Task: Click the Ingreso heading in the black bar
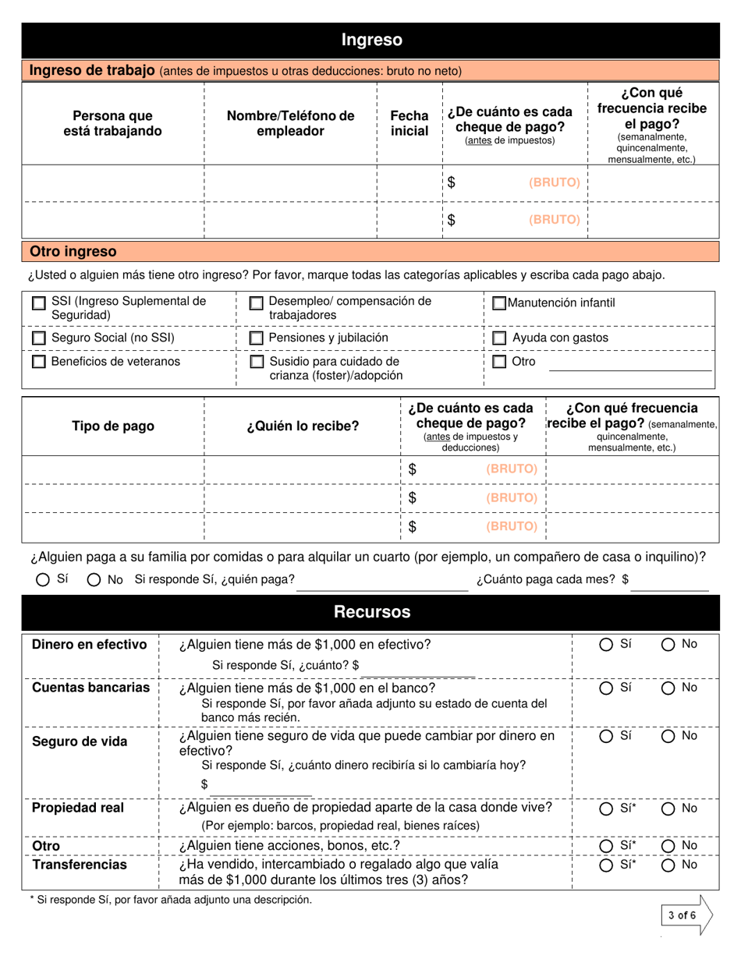coord(371,40)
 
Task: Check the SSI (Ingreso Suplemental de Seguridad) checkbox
coord(38,304)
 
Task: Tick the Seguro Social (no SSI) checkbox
coord(38,338)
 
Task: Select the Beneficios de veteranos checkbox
coord(38,362)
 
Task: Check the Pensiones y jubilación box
coord(256,338)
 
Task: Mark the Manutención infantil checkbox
coord(499,303)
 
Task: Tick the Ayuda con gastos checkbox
coord(500,338)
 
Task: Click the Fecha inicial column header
coord(409,123)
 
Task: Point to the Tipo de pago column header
coord(113,426)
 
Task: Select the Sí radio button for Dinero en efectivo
coord(606,645)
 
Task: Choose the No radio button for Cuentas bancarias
coord(668,688)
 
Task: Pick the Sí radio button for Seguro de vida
coord(606,737)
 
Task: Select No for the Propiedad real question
coord(668,809)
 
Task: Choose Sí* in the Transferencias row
coord(606,865)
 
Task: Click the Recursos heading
coord(371,612)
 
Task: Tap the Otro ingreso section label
coord(73,252)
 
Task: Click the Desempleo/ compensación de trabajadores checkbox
coord(256,304)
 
